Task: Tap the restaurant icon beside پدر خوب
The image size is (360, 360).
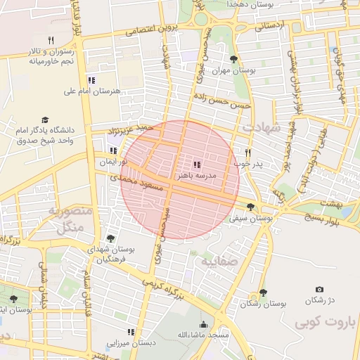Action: point(247,153)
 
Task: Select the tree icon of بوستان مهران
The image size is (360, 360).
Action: point(233,60)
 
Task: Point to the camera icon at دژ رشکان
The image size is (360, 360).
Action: point(320,289)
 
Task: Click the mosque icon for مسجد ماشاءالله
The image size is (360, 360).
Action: point(203,324)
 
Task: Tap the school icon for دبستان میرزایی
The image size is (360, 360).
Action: point(130,332)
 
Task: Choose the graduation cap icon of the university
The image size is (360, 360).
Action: point(46,120)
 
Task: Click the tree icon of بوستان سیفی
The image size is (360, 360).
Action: point(251,207)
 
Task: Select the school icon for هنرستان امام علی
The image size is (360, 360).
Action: point(91,81)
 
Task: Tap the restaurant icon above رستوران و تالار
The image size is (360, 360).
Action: point(50,40)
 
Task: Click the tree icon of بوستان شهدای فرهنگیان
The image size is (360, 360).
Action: point(110,239)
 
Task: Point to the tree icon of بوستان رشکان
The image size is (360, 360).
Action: point(263,292)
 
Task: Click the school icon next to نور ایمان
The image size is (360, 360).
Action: point(113,150)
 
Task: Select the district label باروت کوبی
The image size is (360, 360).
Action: point(319,324)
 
